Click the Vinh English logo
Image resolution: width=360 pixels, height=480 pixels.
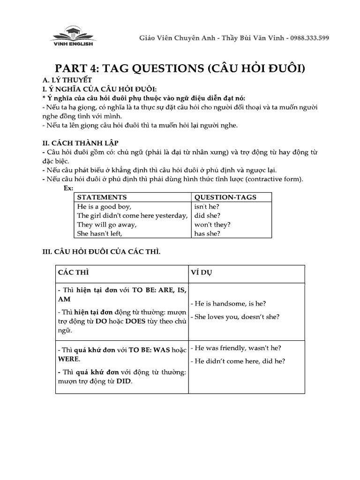point(72,36)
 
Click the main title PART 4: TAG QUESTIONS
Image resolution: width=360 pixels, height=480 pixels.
point(180,68)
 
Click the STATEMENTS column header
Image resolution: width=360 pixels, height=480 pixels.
point(102,197)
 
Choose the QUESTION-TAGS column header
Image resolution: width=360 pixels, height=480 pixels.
point(225,197)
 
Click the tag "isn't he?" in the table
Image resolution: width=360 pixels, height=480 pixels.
point(207,207)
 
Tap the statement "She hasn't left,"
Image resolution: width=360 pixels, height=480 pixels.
point(99,233)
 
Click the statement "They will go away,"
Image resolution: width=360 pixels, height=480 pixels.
point(106,225)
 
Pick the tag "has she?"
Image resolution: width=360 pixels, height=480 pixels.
point(207,233)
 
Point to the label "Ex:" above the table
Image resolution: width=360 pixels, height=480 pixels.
point(68,188)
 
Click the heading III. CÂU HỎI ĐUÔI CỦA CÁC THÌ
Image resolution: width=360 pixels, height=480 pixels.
point(102,252)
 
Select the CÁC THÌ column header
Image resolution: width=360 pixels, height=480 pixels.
point(73,273)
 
